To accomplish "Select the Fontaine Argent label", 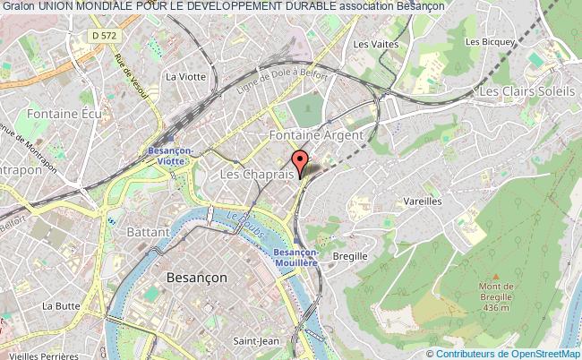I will tap(317, 135).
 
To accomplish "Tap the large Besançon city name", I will tap(197, 279).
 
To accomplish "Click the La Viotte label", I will tap(185, 76).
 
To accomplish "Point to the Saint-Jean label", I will tap(253, 340).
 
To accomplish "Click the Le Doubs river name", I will tap(236, 222).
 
